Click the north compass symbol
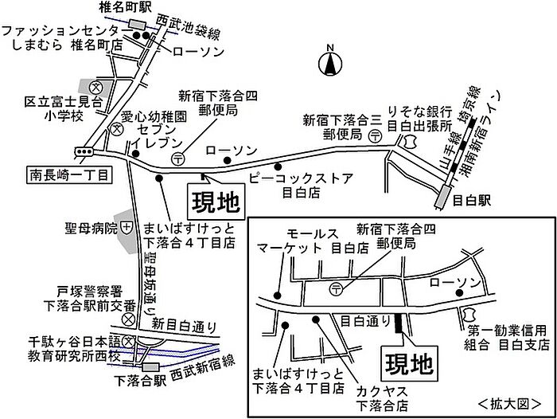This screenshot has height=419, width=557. pos(330,61)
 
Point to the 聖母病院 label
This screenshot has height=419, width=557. pos(92,229)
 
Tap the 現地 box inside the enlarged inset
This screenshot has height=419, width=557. pos(410,363)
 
